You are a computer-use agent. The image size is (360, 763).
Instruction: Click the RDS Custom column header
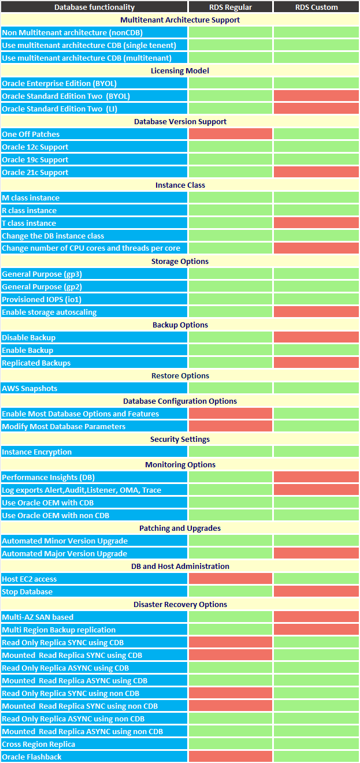[316, 7]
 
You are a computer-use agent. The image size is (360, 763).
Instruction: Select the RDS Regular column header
[231, 7]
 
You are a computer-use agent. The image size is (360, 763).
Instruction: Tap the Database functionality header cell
[94, 7]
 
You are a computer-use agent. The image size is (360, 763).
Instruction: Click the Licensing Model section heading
[180, 70]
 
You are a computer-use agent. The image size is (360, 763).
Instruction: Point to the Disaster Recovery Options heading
[180, 604]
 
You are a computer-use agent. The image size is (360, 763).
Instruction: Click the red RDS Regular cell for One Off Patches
[231, 134]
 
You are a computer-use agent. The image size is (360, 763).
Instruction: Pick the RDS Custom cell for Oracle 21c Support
[316, 172]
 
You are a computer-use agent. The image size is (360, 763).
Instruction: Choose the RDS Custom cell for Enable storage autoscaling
[316, 312]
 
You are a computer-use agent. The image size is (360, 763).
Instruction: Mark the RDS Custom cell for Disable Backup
[316, 337]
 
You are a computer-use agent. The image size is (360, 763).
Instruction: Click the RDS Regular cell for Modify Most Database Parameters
[231, 426]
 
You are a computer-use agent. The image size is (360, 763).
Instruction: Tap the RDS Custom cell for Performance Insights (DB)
[316, 477]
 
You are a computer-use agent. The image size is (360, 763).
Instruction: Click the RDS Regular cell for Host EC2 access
[231, 579]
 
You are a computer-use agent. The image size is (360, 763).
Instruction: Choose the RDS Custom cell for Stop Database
[316, 591]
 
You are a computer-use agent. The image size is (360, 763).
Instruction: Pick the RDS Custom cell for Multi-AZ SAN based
[316, 617]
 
